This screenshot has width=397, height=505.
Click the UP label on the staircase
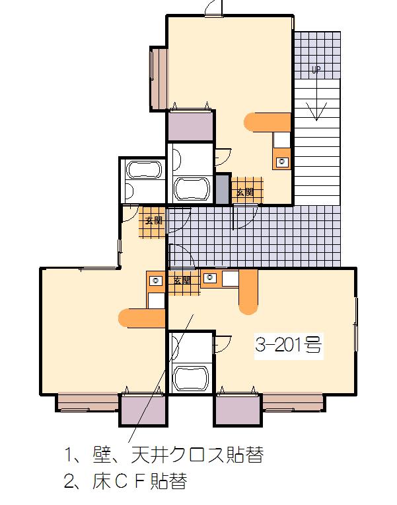[x=316, y=69]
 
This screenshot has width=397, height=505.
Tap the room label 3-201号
[x=289, y=345]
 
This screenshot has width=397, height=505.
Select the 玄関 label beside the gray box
[x=245, y=193]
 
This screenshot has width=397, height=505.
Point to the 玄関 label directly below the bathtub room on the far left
[x=154, y=221]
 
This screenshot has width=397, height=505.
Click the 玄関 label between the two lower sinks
[x=182, y=280]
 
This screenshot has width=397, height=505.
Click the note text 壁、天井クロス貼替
[x=178, y=455]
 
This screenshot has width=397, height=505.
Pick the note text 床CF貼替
[x=139, y=481]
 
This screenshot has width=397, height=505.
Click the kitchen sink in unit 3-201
[x=210, y=277]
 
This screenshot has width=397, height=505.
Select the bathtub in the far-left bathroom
[x=145, y=169]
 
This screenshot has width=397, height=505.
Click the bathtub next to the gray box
[x=192, y=189]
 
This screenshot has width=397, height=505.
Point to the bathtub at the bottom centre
[x=192, y=379]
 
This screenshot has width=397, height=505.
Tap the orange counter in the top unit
[x=268, y=122]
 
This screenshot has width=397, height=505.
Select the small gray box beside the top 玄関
[x=222, y=189]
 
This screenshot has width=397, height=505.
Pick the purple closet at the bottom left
[x=143, y=410]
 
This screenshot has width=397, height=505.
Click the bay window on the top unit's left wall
[x=159, y=79]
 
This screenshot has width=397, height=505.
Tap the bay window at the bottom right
[x=293, y=402]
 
